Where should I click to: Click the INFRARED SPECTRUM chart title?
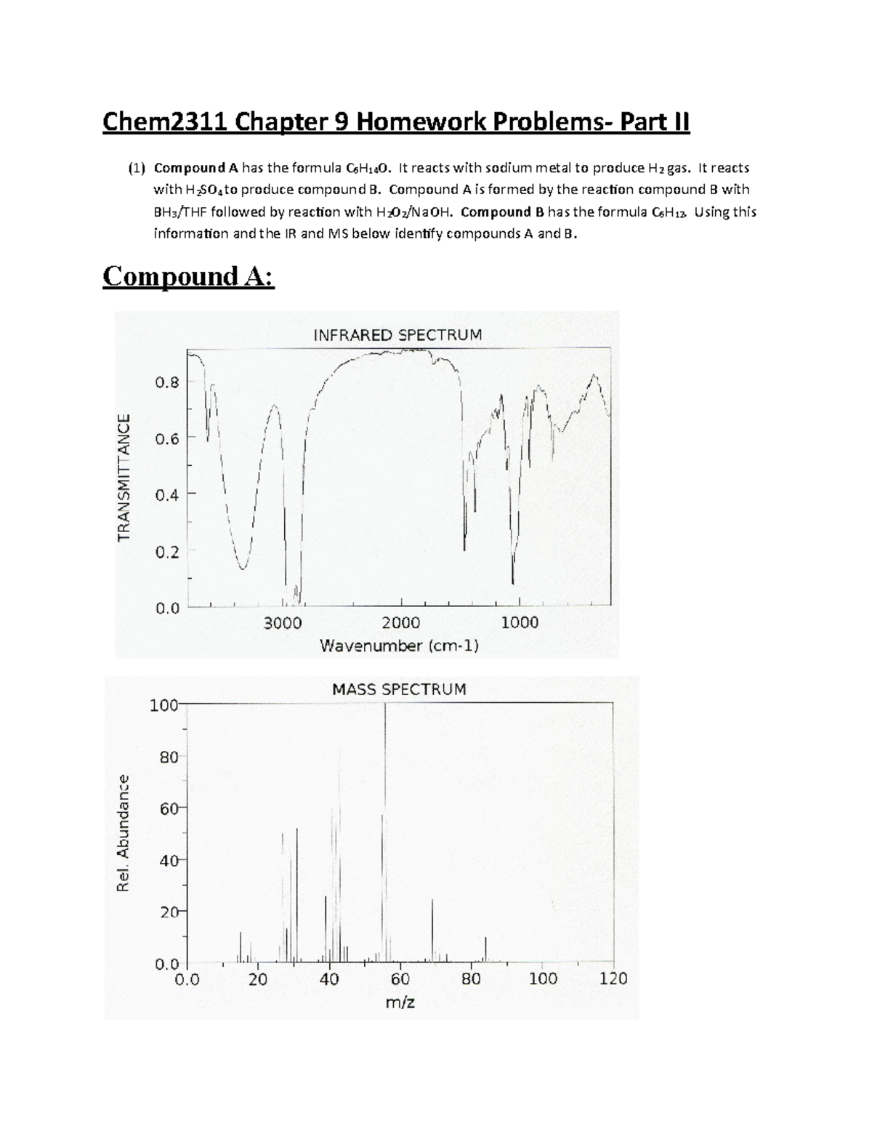tap(397, 335)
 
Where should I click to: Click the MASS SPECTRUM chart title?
tap(399, 689)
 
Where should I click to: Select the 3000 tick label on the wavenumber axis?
tap(283, 623)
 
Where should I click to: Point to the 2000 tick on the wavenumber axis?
tap(401, 623)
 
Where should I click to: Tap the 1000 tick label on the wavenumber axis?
tap(520, 623)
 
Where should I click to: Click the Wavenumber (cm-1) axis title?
tap(400, 646)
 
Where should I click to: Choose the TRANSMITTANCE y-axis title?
tap(124, 477)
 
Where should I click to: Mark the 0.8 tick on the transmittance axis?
tap(167, 382)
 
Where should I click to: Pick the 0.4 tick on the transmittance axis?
tap(167, 494)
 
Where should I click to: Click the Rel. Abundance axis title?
tap(123, 833)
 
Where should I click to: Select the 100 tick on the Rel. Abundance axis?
tap(163, 704)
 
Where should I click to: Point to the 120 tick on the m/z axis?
tap(613, 979)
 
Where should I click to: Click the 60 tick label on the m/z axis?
tap(400, 979)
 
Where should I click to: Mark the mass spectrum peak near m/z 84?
tap(485, 949)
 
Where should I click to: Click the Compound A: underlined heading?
tap(189, 277)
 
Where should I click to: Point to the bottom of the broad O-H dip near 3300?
tap(243, 568)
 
